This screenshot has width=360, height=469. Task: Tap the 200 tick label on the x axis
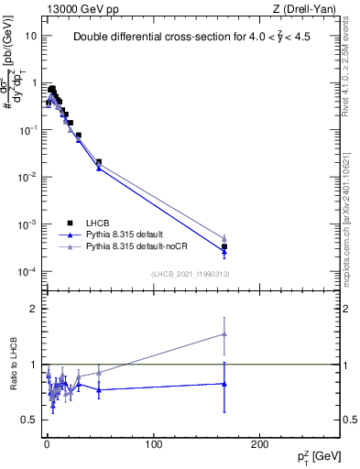[x=262, y=443]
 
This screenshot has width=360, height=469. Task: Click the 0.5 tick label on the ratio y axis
[x=28, y=420]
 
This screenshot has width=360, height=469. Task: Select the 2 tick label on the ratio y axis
[x=33, y=309]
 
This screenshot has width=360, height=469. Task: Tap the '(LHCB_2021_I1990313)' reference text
[x=189, y=274]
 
